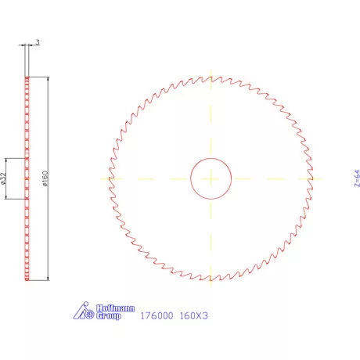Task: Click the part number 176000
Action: [x=154, y=317]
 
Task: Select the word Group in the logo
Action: [x=110, y=317]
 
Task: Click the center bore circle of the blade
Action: [x=211, y=178]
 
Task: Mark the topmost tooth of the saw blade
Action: [x=211, y=76]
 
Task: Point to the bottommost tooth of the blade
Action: [x=211, y=281]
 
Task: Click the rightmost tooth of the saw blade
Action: [x=313, y=178]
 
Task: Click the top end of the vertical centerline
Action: [x=211, y=66]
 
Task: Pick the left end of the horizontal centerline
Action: [x=99, y=178]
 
